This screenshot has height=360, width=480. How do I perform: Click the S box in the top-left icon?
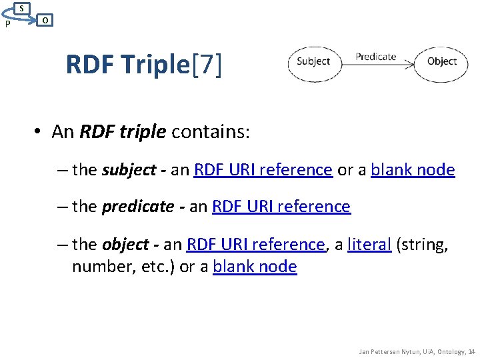[22, 7]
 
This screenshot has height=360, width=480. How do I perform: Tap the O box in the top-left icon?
[43, 20]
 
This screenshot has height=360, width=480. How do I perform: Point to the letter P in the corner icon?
[7, 25]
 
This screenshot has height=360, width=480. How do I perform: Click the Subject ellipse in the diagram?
[313, 61]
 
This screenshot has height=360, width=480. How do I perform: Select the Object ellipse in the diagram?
[441, 61]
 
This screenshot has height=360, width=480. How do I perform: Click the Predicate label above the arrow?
[376, 57]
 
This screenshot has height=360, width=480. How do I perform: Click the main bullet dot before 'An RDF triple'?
[40, 132]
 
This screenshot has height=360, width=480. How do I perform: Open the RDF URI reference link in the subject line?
[263, 170]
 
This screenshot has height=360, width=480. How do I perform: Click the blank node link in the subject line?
[413, 170]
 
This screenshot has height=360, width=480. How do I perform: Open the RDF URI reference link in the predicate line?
[281, 207]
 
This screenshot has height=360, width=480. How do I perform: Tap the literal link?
[369, 245]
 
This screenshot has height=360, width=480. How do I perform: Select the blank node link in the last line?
[255, 267]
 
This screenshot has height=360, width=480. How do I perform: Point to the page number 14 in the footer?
[471, 351]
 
